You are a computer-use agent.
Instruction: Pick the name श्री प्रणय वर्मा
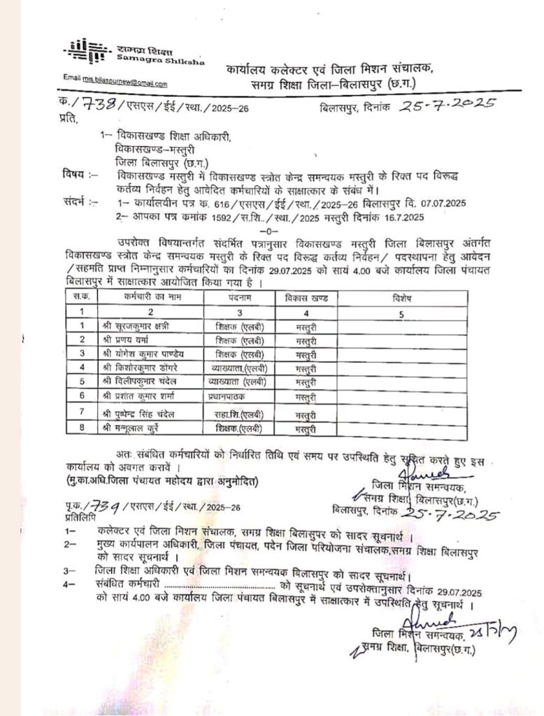(x=126, y=339)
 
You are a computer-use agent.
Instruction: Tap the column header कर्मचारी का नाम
(x=150, y=297)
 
